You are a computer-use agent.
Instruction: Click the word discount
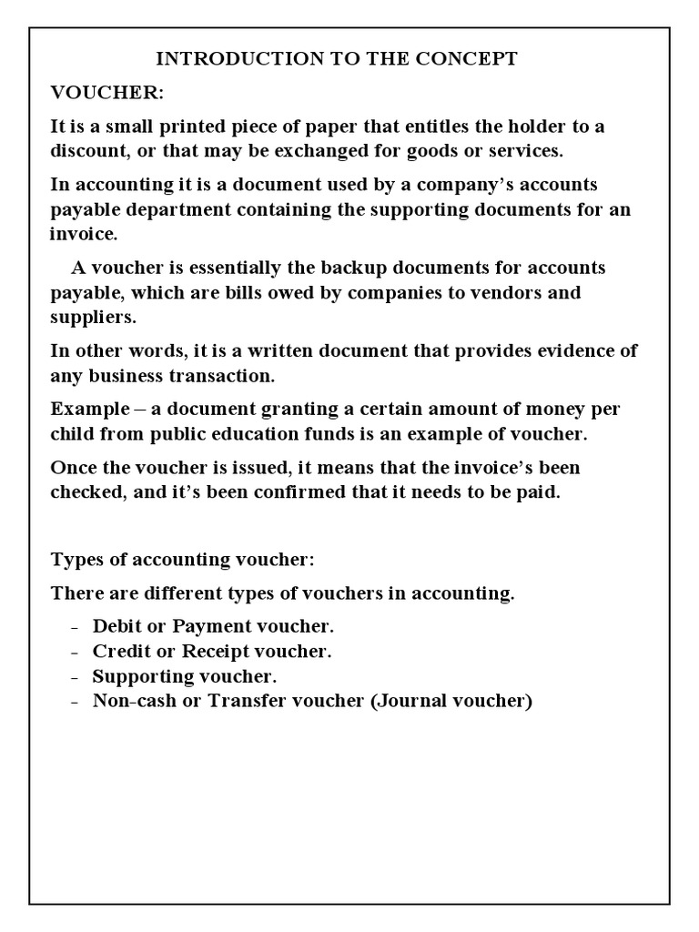pyautogui.click(x=90, y=149)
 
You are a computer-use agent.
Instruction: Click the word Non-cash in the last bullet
pyautogui.click(x=131, y=702)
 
